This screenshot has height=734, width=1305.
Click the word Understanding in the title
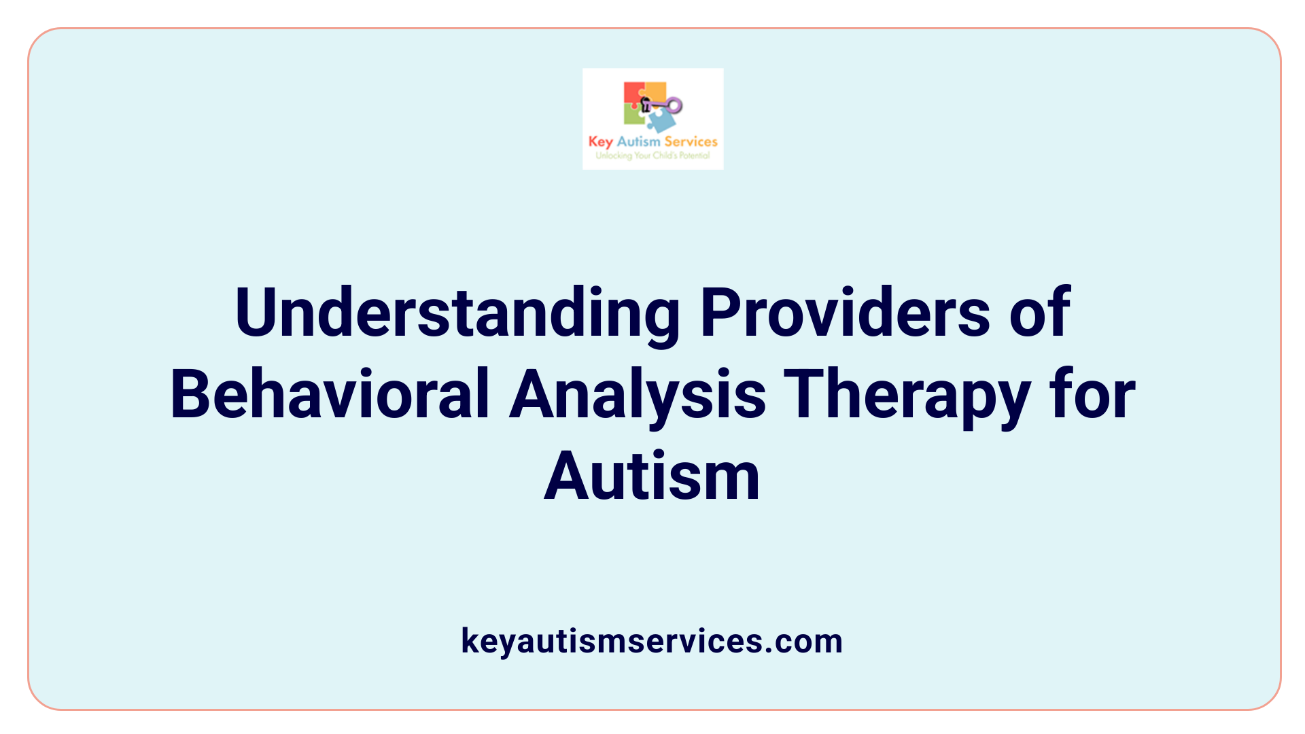(457, 313)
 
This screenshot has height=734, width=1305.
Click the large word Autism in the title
(652, 476)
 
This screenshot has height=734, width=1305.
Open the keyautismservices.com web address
(652, 641)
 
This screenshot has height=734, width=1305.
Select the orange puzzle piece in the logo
(655, 91)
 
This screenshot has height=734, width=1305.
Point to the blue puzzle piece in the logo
(661, 121)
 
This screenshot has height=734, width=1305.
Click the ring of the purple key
(674, 105)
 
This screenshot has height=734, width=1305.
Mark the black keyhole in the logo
(646, 104)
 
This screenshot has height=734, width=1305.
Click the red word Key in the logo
(601, 141)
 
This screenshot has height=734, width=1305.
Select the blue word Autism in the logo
(638, 141)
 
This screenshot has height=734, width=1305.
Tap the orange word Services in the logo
(691, 141)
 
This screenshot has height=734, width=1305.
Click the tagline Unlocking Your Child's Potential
(652, 156)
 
